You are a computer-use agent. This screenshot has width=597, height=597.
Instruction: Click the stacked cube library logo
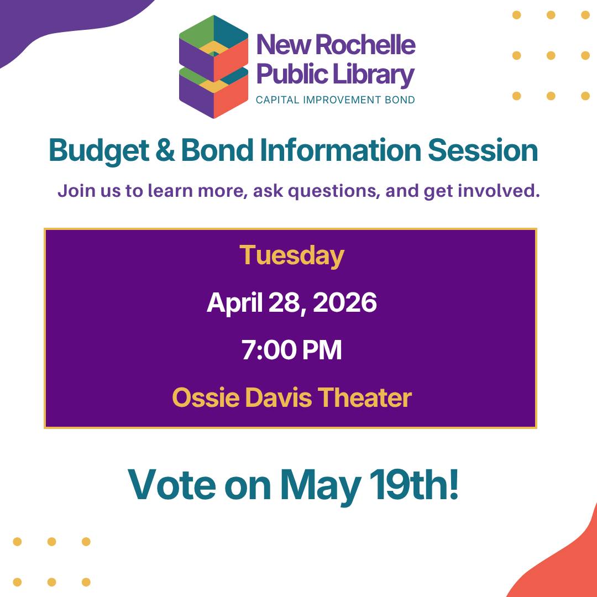coord(213,67)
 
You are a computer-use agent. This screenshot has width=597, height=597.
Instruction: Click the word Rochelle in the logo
coord(365,45)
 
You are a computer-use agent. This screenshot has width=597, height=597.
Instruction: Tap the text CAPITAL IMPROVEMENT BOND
coord(335,99)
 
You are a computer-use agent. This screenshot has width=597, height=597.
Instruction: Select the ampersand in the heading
coord(165,150)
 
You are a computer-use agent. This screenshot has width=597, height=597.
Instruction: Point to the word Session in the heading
coord(483,150)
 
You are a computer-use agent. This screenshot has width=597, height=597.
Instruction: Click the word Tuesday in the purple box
coord(292,256)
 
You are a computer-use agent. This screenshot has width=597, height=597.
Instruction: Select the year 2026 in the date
coord(344,303)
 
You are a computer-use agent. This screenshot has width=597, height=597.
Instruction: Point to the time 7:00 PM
coord(292,350)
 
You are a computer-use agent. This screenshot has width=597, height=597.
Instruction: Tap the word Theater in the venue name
coord(365,397)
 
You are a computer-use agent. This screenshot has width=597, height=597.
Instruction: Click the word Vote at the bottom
coord(172,484)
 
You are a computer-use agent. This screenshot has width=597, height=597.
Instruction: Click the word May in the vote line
coord(320,487)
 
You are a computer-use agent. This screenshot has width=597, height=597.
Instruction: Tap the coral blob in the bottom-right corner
coord(563,563)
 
